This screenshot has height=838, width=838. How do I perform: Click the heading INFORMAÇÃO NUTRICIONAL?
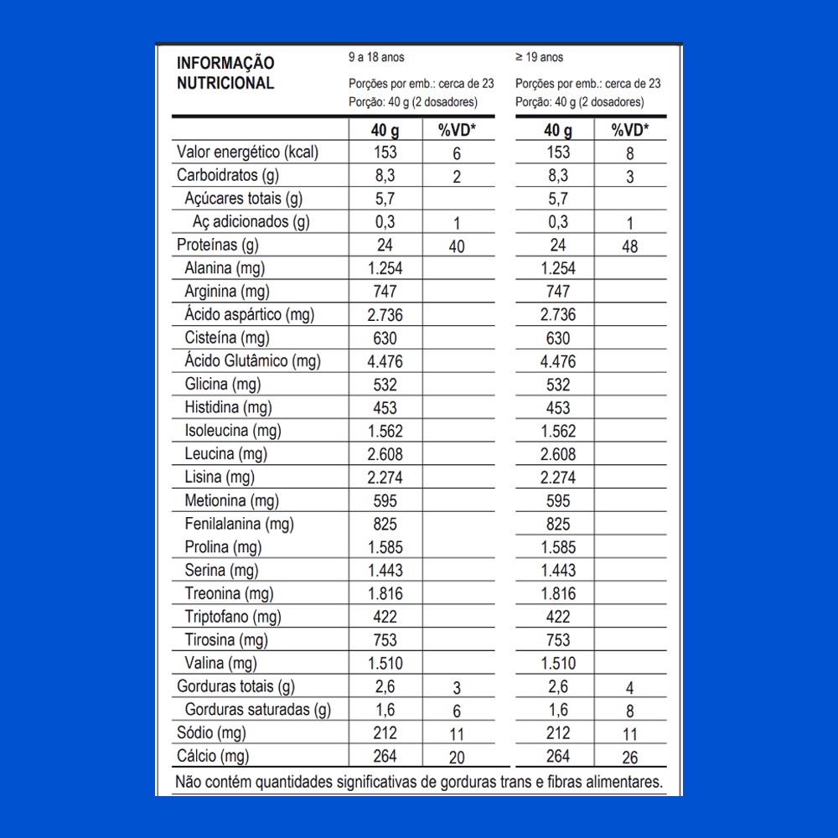(x=225, y=73)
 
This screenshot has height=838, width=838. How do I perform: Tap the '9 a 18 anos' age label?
(x=376, y=58)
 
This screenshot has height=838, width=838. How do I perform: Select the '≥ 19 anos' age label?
(x=540, y=58)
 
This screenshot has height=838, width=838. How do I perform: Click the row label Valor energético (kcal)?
(x=247, y=153)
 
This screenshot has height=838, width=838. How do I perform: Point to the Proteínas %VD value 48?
(x=629, y=246)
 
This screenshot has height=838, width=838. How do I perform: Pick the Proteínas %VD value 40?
(x=457, y=246)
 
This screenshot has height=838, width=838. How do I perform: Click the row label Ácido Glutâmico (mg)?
(x=252, y=361)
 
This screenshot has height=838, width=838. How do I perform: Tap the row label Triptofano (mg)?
(x=232, y=617)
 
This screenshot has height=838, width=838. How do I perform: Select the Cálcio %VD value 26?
(x=629, y=758)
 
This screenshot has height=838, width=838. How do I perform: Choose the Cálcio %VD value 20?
(x=457, y=758)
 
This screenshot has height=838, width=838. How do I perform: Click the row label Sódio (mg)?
(x=211, y=733)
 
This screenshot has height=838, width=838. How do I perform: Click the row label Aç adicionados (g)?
(x=251, y=222)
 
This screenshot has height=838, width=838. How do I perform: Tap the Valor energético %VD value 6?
(x=457, y=153)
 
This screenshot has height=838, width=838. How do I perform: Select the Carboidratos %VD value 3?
(x=629, y=177)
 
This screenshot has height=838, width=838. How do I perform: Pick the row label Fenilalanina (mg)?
(x=239, y=525)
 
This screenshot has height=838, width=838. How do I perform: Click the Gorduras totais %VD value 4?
(x=629, y=688)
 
